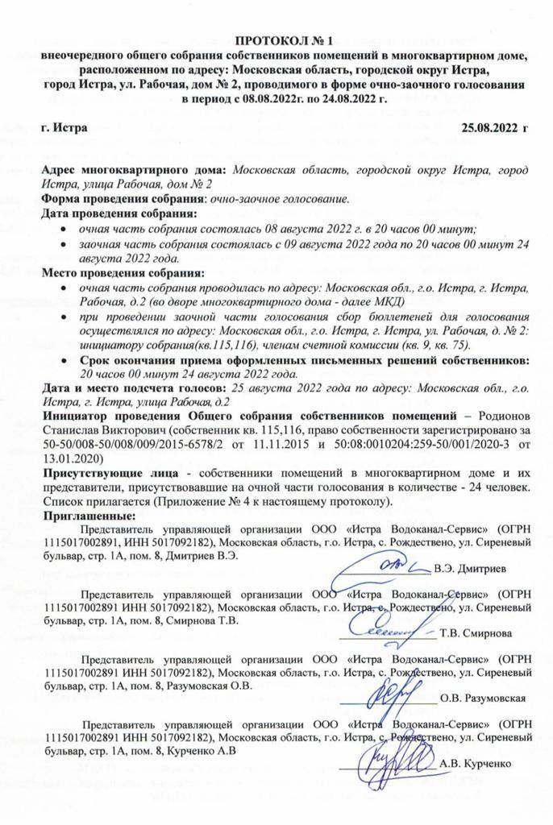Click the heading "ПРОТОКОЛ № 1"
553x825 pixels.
[x=276, y=42]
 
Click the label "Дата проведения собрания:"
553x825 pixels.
[x=118, y=214]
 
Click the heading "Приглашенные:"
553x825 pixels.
[x=90, y=515]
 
